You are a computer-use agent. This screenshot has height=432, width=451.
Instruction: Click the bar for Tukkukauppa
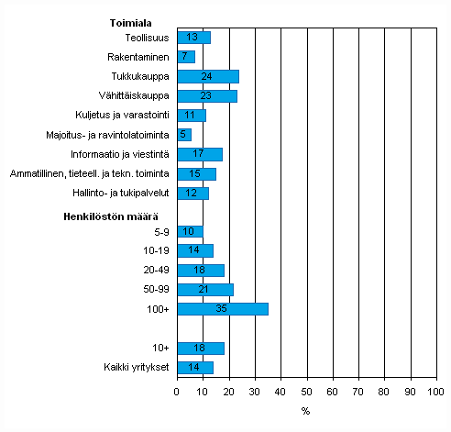coord(207,76)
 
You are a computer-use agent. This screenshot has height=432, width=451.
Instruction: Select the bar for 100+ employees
coord(222,309)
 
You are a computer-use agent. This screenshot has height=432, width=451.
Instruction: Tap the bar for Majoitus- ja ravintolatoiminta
coord(183,135)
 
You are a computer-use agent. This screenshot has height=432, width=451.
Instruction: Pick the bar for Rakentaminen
coord(185,57)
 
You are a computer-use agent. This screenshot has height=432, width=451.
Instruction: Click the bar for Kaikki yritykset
coord(194,368)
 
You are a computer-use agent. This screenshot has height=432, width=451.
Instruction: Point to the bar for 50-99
coord(204,290)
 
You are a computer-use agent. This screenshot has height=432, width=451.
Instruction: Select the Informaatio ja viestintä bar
coord(199,154)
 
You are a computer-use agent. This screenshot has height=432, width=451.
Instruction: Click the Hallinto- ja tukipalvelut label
coord(120,194)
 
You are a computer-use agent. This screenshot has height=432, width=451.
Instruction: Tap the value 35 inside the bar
coord(222,309)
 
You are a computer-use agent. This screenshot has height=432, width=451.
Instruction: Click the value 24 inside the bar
coord(207,76)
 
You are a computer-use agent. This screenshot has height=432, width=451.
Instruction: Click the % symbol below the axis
coord(305,410)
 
